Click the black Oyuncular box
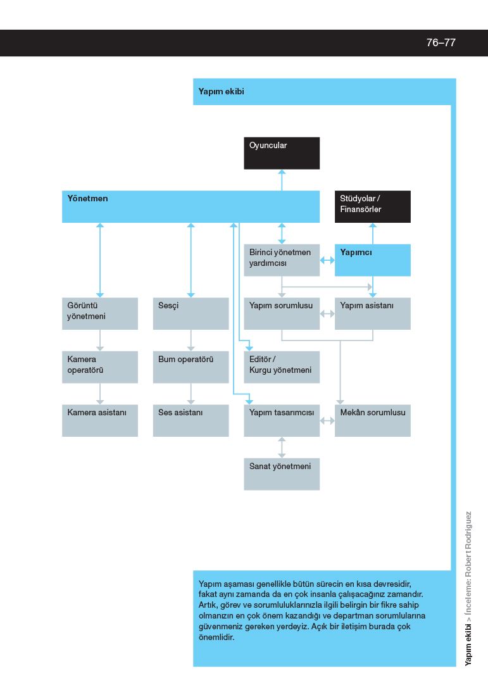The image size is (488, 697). (x=282, y=153)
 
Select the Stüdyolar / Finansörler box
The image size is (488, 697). (x=372, y=207)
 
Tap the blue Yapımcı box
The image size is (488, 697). (x=372, y=260)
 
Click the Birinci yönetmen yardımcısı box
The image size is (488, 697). (x=282, y=260)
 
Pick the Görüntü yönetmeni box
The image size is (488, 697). (x=100, y=313)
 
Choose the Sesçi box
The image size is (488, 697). (x=191, y=313)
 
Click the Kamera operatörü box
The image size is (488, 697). (x=100, y=367)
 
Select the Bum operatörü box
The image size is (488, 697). (x=191, y=367)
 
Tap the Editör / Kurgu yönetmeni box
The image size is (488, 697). (x=282, y=367)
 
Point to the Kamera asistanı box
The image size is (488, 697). (x=100, y=420)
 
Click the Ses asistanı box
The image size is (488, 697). (x=191, y=420)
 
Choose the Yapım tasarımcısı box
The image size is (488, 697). (x=282, y=420)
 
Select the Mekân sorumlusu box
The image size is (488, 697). (x=372, y=420)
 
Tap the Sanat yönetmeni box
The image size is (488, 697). (x=282, y=474)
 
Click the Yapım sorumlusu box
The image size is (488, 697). (x=282, y=313)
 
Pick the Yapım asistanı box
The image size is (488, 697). (x=372, y=313)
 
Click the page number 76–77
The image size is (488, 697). (x=441, y=42)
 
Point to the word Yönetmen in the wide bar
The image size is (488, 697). (x=87, y=198)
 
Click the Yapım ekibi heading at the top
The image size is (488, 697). (x=222, y=92)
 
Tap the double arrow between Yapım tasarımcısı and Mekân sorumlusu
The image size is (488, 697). (x=327, y=420)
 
